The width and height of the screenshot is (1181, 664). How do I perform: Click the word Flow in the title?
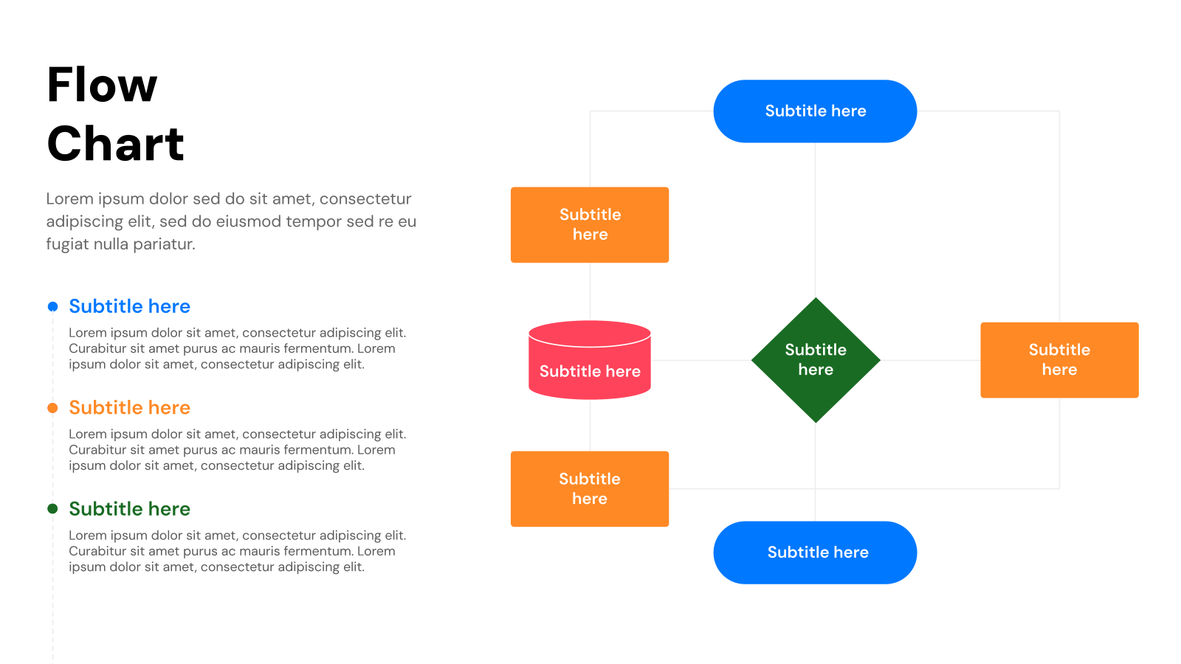click(102, 85)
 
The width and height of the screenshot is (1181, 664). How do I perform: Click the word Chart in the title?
click(115, 144)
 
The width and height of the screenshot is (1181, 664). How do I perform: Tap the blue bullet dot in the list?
click(52, 307)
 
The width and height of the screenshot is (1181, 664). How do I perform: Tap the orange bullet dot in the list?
click(52, 408)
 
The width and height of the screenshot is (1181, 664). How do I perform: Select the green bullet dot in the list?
click(52, 509)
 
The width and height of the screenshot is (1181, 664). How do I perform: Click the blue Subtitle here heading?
click(129, 307)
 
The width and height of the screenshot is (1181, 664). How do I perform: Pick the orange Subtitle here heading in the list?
click(129, 408)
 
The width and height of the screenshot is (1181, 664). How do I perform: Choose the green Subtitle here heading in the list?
click(129, 509)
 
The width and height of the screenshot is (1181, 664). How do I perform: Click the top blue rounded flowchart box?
click(815, 111)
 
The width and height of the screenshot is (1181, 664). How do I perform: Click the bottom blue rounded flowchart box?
click(815, 553)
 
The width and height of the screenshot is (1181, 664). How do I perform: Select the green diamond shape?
click(816, 360)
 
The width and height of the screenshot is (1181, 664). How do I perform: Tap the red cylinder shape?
click(590, 373)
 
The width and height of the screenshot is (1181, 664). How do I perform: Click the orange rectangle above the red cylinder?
click(590, 225)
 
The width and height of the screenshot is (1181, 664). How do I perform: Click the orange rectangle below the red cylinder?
click(590, 489)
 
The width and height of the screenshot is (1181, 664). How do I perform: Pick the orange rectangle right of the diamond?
click(1059, 360)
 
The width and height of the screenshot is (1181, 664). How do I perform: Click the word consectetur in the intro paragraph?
click(365, 199)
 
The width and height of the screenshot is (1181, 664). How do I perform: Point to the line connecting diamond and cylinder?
click(701, 361)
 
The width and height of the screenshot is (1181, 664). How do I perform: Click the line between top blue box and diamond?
click(816, 221)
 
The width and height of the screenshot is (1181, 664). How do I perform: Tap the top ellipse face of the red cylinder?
click(590, 333)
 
